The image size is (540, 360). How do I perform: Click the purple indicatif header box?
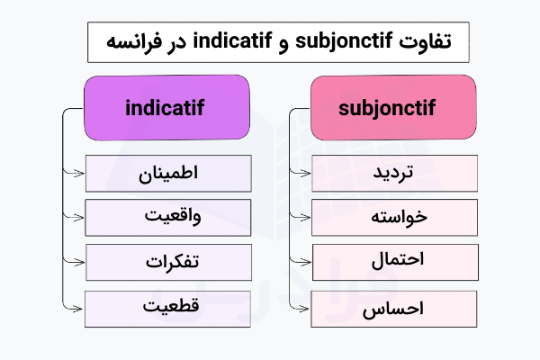click(166, 108)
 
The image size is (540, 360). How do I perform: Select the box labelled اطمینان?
click(168, 173)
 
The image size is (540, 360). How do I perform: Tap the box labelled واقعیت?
click(168, 217)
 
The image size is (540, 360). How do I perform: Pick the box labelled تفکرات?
click(168, 262)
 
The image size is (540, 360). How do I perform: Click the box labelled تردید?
click(394, 173)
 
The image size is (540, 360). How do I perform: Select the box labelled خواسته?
click(394, 217)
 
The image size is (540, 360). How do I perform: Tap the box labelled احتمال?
click(394, 262)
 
